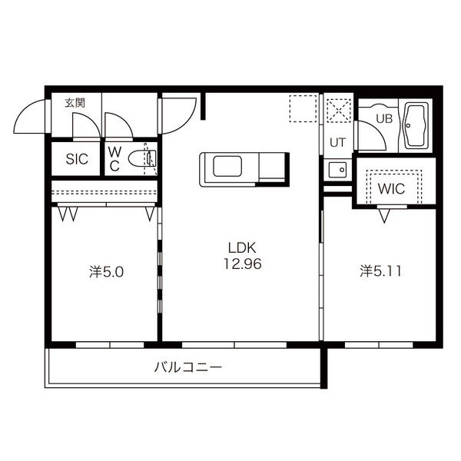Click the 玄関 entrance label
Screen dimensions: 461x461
75,103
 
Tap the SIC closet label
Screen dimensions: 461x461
77,159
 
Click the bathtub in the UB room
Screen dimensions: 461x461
416,125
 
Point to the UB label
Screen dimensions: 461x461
384,118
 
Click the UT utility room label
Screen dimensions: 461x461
337,143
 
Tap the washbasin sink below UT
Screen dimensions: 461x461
338,170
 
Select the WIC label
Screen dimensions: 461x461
391,189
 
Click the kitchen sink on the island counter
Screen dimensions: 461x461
227,166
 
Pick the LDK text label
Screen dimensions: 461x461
242,248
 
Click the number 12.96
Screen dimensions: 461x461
243,264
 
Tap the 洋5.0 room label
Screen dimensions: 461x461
107,272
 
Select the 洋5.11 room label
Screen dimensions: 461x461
380,271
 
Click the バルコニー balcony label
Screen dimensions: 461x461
188,367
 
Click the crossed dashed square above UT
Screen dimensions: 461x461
339,110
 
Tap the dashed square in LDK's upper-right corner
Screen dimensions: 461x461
303,108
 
